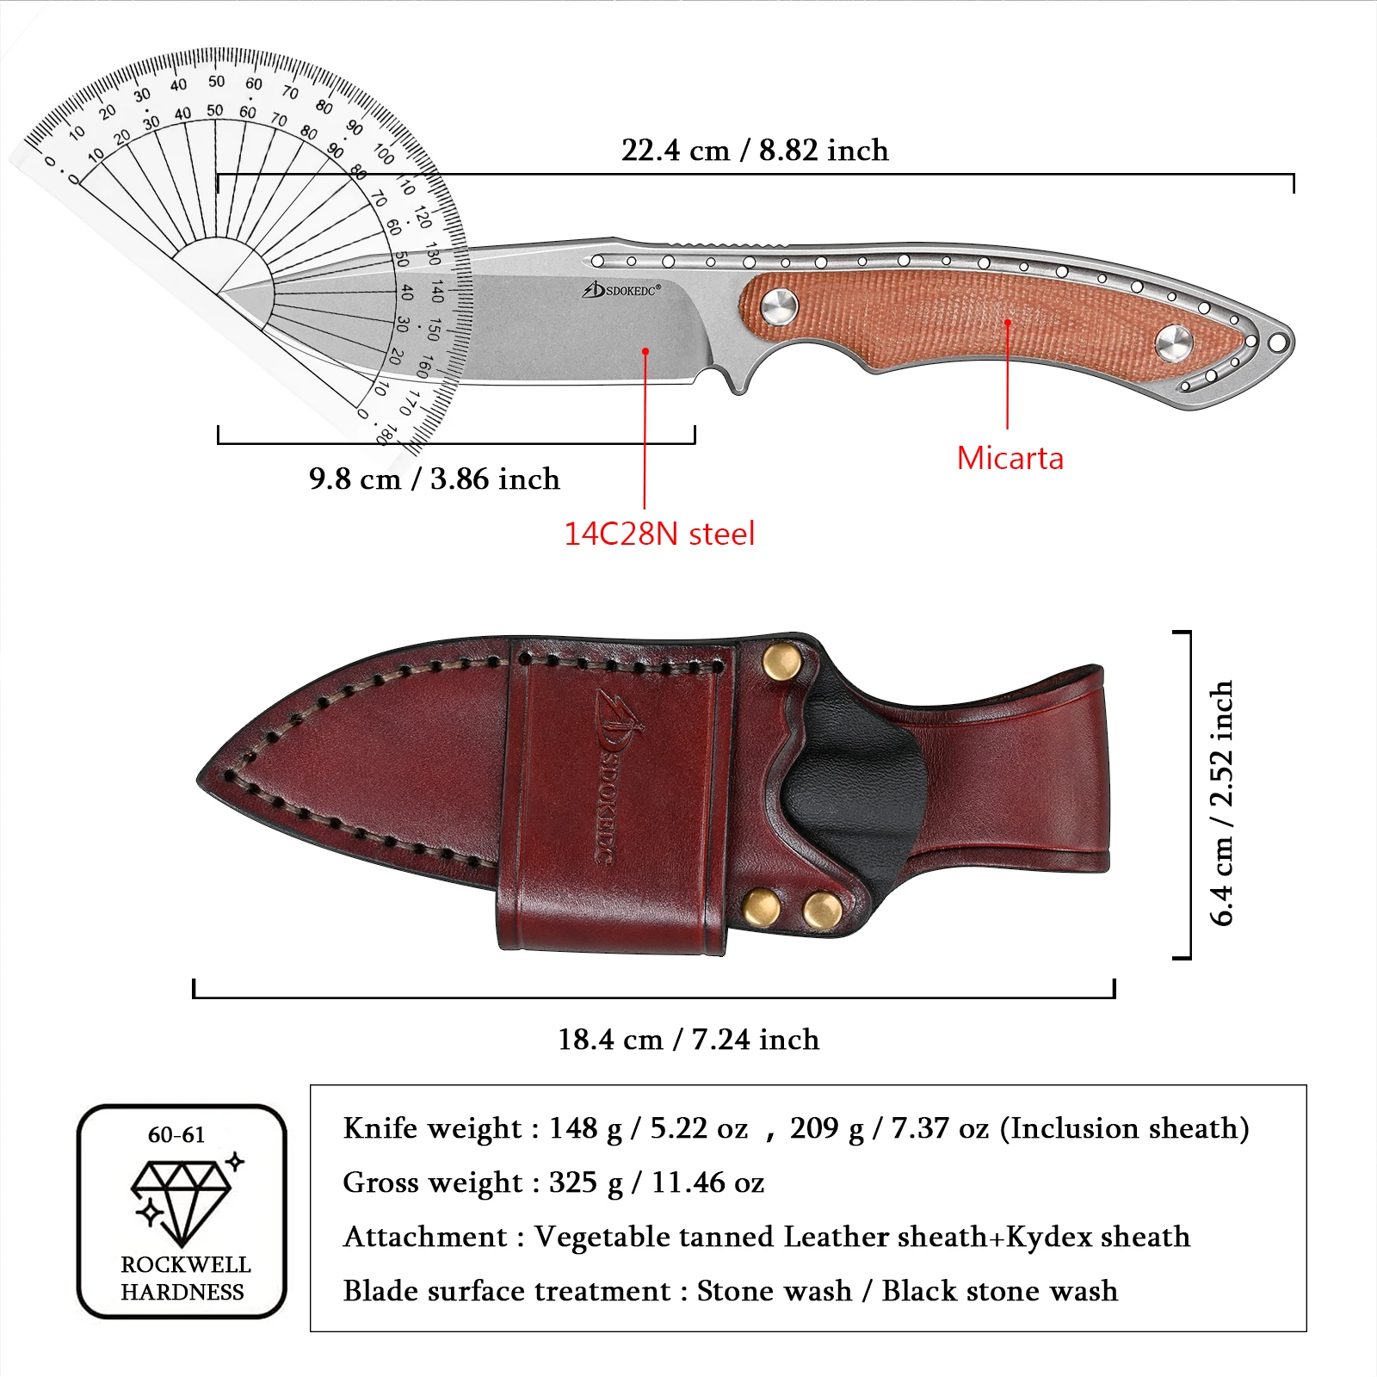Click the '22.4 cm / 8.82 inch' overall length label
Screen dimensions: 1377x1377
pyautogui.click(x=755, y=151)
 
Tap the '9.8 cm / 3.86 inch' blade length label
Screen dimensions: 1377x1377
pyautogui.click(x=434, y=479)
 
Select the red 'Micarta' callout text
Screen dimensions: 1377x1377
pyautogui.click(x=1010, y=459)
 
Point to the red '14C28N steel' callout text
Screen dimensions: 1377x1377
pyautogui.click(x=659, y=534)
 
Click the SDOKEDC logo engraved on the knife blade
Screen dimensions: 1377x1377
pyautogui.click(x=622, y=290)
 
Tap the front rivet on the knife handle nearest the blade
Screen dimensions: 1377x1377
pyautogui.click(x=779, y=306)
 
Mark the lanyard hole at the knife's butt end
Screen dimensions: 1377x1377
pyautogui.click(x=1278, y=343)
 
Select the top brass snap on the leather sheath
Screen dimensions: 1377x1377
pyautogui.click(x=781, y=662)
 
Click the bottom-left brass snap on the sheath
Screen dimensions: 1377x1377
pyautogui.click(x=761, y=907)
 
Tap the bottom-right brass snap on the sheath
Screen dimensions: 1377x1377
pyautogui.click(x=822, y=911)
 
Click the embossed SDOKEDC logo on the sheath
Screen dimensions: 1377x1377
pyautogui.click(x=615, y=775)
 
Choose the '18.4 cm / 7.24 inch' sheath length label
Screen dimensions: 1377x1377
pyautogui.click(x=688, y=1040)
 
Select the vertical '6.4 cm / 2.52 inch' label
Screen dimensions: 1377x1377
pyautogui.click(x=1222, y=802)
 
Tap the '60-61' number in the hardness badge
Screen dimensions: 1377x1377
pyautogui.click(x=176, y=1135)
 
